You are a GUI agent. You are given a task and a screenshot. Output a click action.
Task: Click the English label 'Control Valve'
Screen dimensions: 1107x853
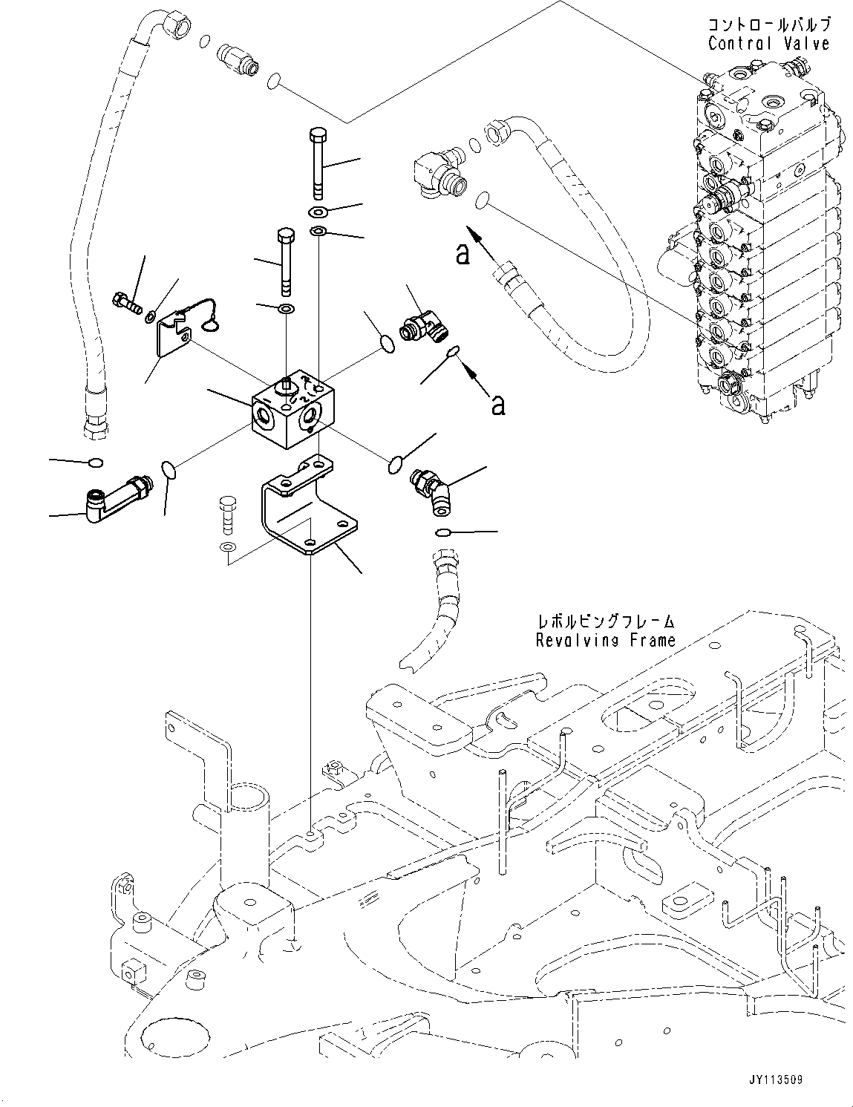pyautogui.click(x=768, y=44)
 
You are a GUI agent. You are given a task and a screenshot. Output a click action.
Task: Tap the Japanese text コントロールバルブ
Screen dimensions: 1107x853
pyautogui.click(x=768, y=25)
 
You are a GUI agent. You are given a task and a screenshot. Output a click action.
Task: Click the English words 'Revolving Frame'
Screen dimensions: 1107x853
pyautogui.click(x=606, y=639)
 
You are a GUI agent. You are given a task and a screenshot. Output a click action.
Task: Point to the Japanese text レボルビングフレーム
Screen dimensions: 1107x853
pyautogui.click(x=606, y=621)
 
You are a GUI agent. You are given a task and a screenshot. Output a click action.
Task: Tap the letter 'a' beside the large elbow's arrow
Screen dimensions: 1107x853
pyautogui.click(x=463, y=255)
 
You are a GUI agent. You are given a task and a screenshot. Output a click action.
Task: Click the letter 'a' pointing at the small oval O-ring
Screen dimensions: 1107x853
pyautogui.click(x=498, y=404)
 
